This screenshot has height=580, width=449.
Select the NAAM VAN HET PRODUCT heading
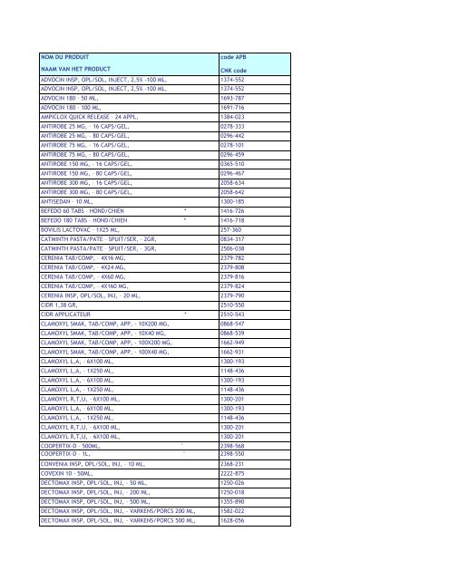tap(78, 70)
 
